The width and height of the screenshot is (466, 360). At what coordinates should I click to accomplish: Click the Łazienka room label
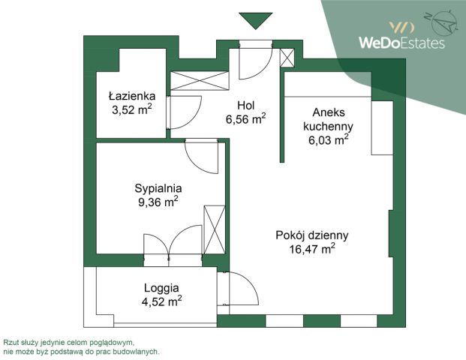tap(131, 96)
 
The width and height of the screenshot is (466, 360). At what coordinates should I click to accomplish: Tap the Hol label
tap(245, 105)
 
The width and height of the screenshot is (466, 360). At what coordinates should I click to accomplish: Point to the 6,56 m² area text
tap(245, 118)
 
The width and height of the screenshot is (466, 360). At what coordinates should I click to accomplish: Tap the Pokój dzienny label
tap(312, 235)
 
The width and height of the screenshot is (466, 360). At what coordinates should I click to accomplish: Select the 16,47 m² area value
tap(312, 248)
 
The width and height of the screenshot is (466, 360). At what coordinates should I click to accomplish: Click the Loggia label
tap(161, 287)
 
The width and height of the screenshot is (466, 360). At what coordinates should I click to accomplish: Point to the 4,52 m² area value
tap(161, 301)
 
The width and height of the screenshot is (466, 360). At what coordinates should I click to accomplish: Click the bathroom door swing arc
tap(182, 112)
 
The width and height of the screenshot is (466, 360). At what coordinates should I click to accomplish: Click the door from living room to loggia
tap(239, 286)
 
